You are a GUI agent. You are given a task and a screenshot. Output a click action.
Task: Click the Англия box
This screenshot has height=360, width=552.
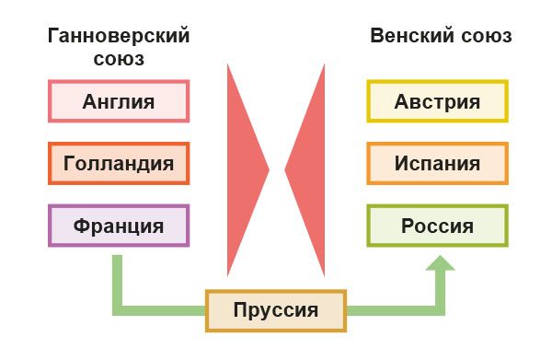click(118, 101)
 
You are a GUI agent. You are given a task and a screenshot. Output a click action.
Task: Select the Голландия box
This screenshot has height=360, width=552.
click(118, 164)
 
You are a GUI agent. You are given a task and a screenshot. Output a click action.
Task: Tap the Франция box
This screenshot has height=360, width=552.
click(118, 226)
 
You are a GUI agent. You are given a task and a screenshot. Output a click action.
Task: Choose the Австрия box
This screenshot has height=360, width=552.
click(437, 101)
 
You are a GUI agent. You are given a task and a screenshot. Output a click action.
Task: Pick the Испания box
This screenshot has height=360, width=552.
click(437, 164)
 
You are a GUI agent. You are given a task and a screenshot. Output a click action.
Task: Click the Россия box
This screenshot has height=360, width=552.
click(437, 226)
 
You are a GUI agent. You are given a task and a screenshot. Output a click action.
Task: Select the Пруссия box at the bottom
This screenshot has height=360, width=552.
click(276, 310)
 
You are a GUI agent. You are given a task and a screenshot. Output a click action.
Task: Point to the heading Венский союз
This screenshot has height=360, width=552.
click(441, 37)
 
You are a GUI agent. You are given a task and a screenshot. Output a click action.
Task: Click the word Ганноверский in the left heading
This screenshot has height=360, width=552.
click(119, 37)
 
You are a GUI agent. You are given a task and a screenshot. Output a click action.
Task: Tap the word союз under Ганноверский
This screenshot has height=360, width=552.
click(119, 59)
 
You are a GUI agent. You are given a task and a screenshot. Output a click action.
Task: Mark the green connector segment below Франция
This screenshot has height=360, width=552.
click(118, 276)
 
